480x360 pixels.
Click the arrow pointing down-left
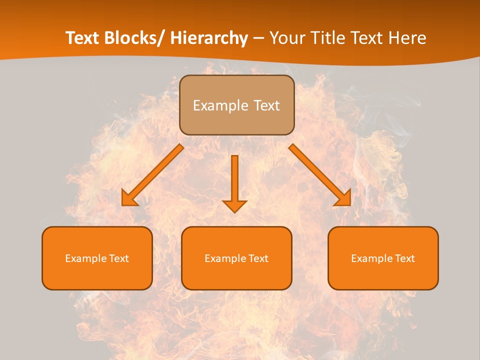point(152,175)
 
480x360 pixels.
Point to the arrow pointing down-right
point(320,175)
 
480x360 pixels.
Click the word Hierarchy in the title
point(209,38)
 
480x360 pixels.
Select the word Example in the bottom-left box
point(83,258)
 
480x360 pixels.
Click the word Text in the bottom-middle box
point(256,258)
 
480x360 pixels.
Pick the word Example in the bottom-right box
point(369,258)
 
